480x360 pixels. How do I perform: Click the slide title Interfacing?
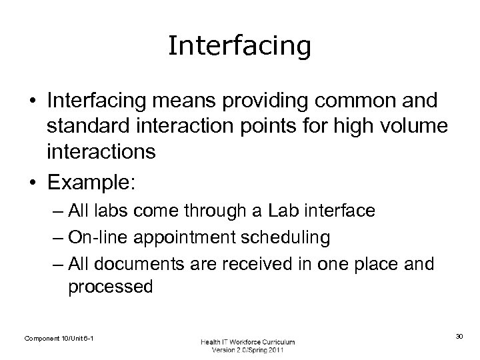tap(239, 46)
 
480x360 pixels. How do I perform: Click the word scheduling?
tap(296, 238)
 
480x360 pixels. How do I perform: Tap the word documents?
tap(137, 263)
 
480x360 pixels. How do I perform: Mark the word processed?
tap(110, 287)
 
